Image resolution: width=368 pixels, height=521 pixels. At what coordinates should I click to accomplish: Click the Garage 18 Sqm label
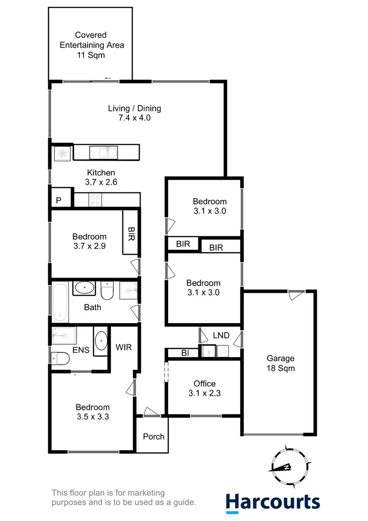point(281,363)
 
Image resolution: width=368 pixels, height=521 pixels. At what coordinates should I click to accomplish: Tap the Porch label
point(154,437)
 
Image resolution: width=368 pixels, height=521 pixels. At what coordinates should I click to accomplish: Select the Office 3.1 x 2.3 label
point(204,388)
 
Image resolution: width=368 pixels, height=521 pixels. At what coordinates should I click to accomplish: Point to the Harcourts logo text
point(273,501)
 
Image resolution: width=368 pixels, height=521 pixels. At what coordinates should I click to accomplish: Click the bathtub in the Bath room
point(60,303)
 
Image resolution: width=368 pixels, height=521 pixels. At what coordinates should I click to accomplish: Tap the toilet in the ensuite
point(60,358)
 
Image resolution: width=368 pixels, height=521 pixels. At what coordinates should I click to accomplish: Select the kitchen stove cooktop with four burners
point(95,200)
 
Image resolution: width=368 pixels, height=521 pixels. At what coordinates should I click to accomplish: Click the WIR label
point(124,347)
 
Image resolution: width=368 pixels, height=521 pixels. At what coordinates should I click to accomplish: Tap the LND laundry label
point(221,335)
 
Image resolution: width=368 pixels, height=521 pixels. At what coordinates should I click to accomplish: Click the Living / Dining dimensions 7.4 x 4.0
point(134,117)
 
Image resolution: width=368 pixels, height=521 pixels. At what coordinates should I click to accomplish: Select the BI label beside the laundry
point(184,353)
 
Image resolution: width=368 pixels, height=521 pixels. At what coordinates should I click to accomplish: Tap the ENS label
point(81,350)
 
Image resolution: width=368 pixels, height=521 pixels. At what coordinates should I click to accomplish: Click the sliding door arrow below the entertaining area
point(108,78)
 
